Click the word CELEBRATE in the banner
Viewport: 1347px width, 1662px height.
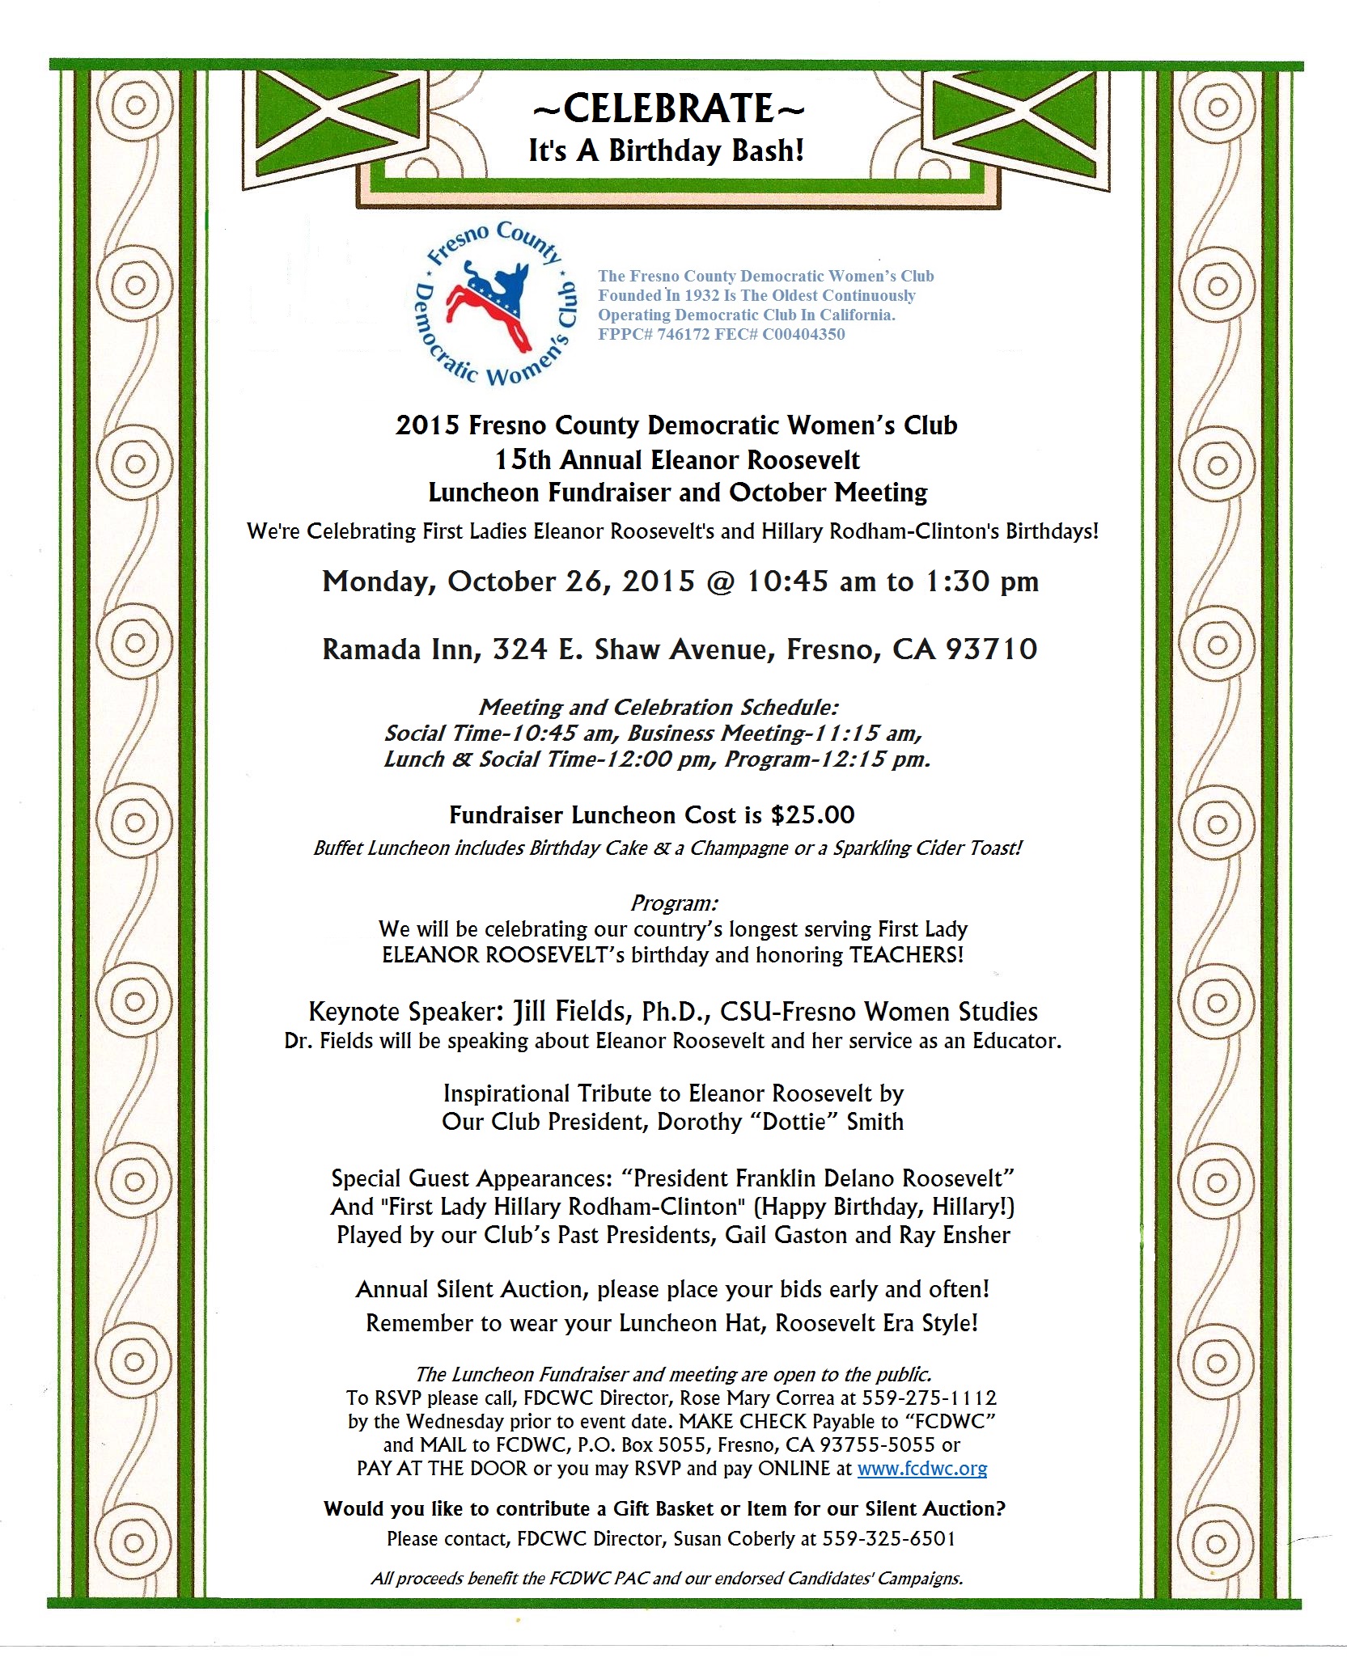(668, 108)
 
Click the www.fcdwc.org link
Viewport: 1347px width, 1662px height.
(921, 1468)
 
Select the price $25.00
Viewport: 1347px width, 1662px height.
(812, 814)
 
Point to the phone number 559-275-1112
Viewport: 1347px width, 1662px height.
(929, 1398)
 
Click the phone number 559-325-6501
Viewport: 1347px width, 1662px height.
(888, 1538)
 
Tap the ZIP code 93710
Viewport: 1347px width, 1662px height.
(991, 649)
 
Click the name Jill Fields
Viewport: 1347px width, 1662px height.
(571, 1011)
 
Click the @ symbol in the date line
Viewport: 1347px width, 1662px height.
(720, 581)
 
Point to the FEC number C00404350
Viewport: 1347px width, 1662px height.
(803, 334)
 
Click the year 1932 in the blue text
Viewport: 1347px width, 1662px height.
(701, 295)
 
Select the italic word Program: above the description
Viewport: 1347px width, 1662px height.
(674, 903)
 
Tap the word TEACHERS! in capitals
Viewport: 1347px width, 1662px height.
(906, 954)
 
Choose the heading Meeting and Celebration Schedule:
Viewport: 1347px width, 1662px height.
(659, 707)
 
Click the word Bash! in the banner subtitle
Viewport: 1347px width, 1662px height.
(766, 150)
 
